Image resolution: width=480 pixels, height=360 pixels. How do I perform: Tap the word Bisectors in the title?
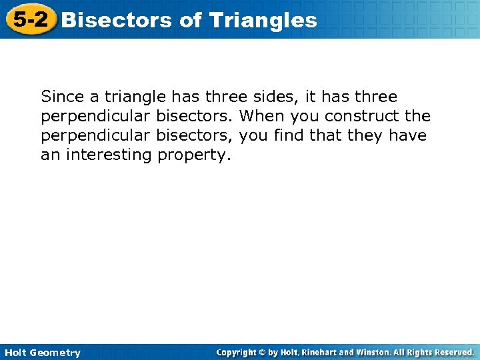[x=117, y=20]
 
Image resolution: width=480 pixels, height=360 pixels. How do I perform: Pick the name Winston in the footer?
[x=379, y=352]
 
